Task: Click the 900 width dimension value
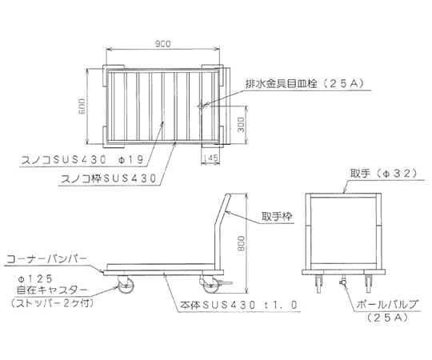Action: pyautogui.click(x=163, y=43)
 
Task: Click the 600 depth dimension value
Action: pyautogui.click(x=82, y=106)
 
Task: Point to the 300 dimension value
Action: pyautogui.click(x=241, y=124)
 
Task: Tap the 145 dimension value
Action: pyautogui.click(x=211, y=158)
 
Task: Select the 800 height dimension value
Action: pyautogui.click(x=241, y=243)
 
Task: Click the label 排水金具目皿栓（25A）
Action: pyautogui.click(x=305, y=83)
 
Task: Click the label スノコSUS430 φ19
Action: pyautogui.click(x=82, y=159)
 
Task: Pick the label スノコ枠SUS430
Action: pyautogui.click(x=108, y=178)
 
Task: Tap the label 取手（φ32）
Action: pyautogui.click(x=384, y=174)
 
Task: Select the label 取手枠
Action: pyautogui.click(x=277, y=217)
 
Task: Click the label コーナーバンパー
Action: pyautogui.click(x=46, y=258)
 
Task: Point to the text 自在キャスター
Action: pyautogui.click(x=52, y=290)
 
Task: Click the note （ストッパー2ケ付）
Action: pyautogui.click(x=52, y=303)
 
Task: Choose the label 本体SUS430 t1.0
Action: pyautogui.click(x=239, y=305)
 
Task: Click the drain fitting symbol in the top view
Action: pyautogui.click(x=202, y=106)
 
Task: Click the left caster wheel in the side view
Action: pyautogui.click(x=125, y=285)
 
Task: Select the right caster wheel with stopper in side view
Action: pyautogui.click(x=211, y=285)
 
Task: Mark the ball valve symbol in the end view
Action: pyautogui.click(x=343, y=282)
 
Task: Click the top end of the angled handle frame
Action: pyautogui.click(x=228, y=195)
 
